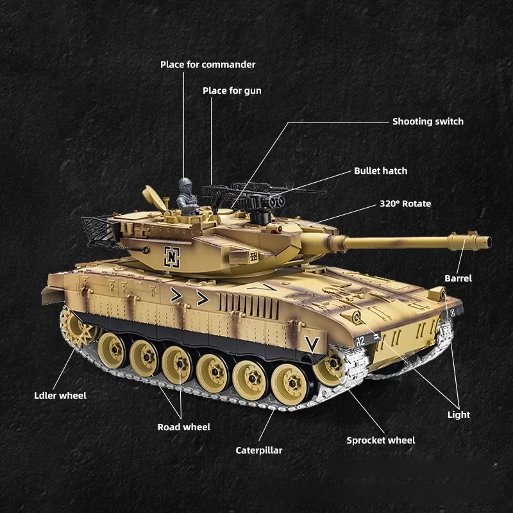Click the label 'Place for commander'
208,64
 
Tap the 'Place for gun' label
232,90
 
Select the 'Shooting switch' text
428,121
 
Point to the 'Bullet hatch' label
380,171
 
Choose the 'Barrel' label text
458,278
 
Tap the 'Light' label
458,414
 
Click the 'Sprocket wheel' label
380,440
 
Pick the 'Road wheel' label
184,426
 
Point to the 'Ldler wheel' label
60,395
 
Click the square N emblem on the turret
172,256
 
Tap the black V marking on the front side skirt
312,344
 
